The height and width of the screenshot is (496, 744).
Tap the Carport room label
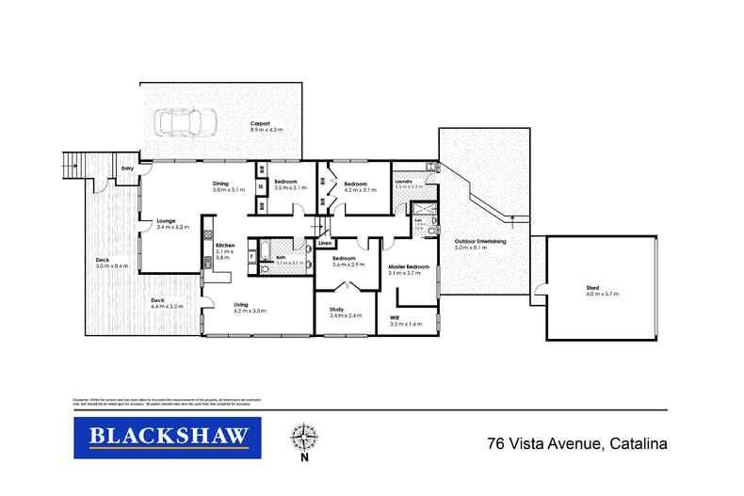point(260,124)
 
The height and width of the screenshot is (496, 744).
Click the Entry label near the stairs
point(128,168)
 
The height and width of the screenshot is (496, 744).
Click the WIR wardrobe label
point(395,318)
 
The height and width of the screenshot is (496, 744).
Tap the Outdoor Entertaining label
point(481,241)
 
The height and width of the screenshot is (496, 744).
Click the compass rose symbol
point(304,440)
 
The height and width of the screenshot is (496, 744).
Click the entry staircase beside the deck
point(75,167)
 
